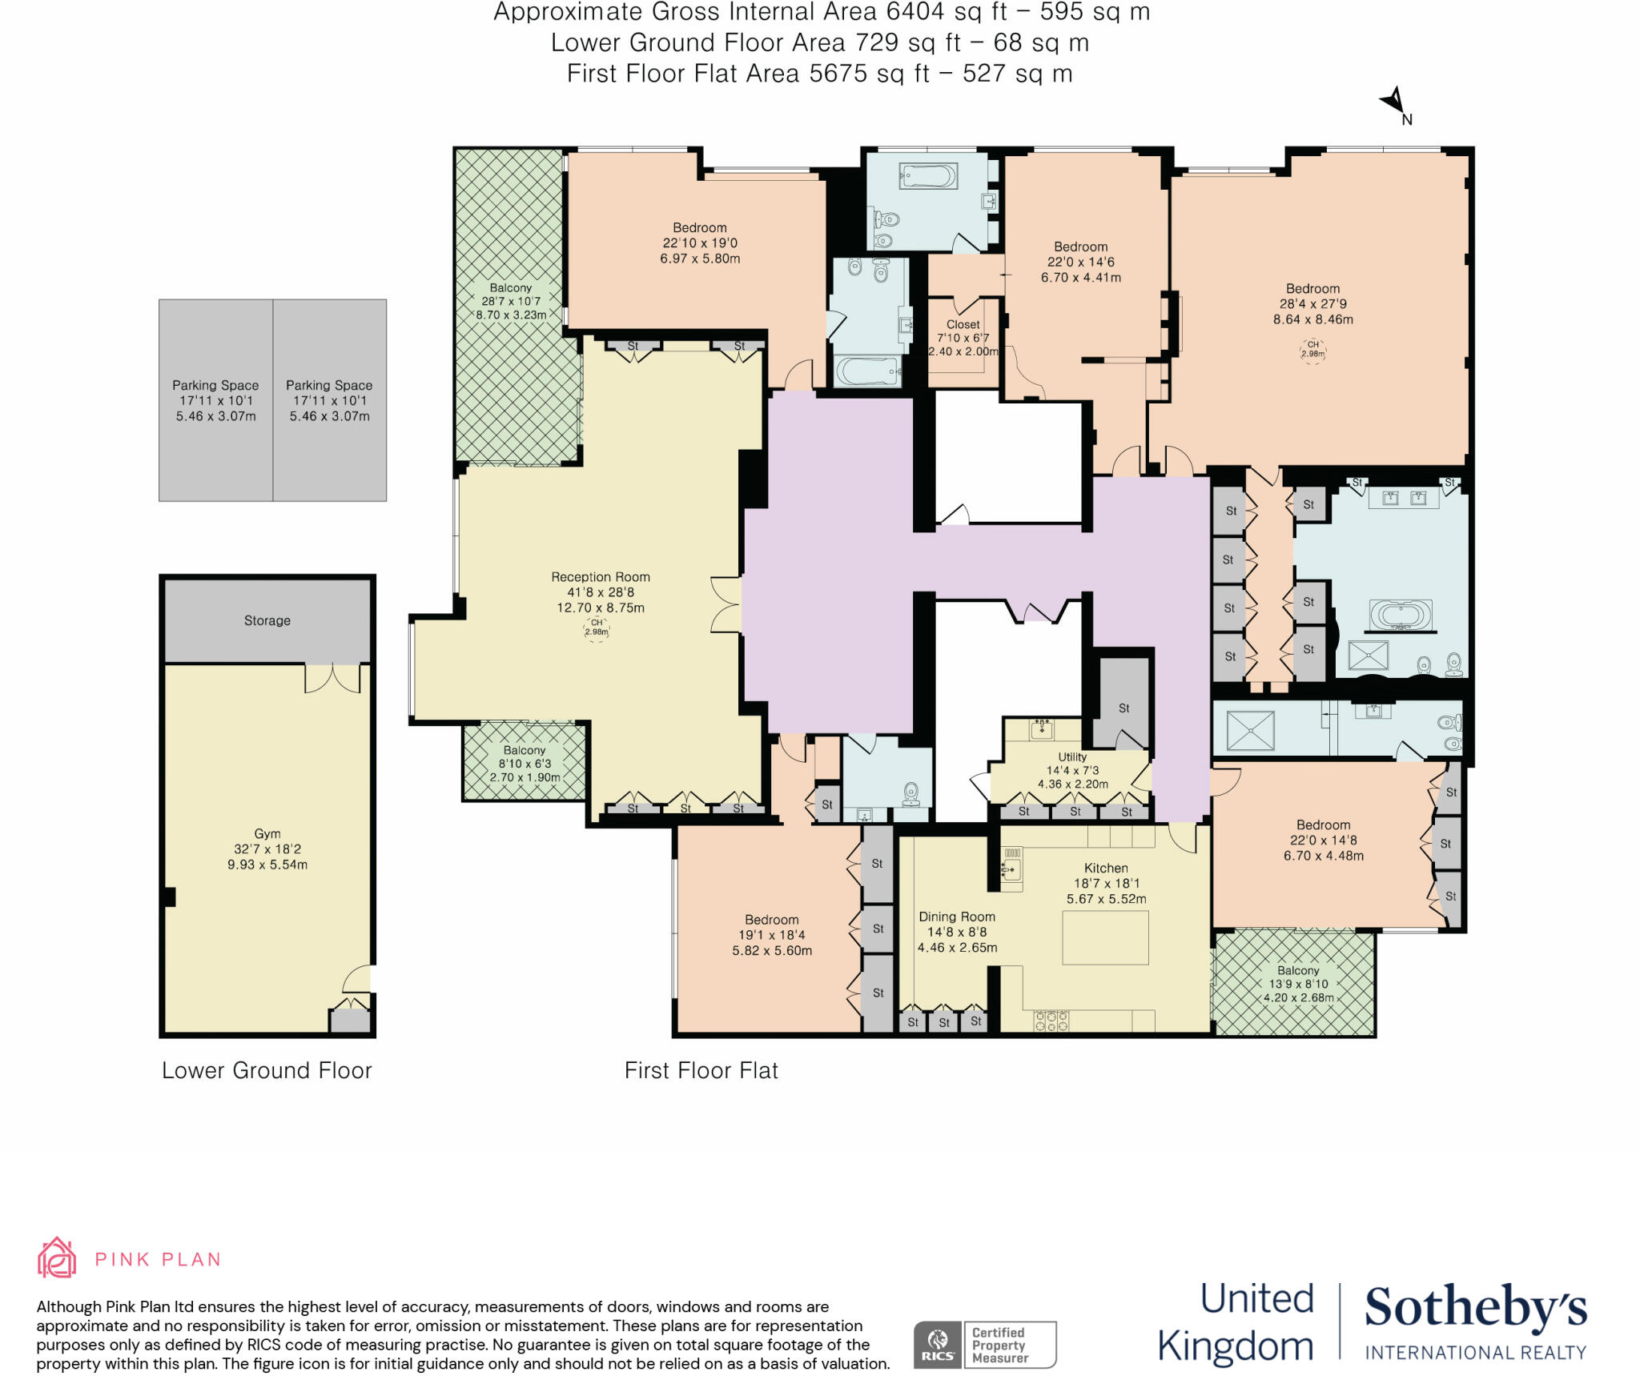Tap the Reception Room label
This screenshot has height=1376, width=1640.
pyautogui.click(x=600, y=577)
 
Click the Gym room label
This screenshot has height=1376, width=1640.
pyautogui.click(x=267, y=834)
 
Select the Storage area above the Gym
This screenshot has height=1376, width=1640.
pyautogui.click(x=267, y=620)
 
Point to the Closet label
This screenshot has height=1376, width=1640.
pyautogui.click(x=963, y=324)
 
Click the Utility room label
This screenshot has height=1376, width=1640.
pyautogui.click(x=1072, y=756)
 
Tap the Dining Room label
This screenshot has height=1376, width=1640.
pyautogui.click(x=957, y=917)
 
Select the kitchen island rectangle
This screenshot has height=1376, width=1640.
pyautogui.click(x=1105, y=937)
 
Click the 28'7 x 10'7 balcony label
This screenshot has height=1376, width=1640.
pyautogui.click(x=510, y=302)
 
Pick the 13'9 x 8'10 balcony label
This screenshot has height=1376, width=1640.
pyautogui.click(x=1298, y=984)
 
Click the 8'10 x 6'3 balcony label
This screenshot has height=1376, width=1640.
pyautogui.click(x=525, y=764)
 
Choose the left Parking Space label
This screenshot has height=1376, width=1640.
pyautogui.click(x=215, y=385)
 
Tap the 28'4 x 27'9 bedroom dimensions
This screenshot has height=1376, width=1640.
pyautogui.click(x=1312, y=304)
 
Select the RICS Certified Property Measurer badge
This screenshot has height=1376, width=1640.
pyautogui.click(x=984, y=1345)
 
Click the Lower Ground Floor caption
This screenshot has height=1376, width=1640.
pyautogui.click(x=267, y=1070)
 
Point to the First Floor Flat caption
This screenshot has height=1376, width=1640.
pyautogui.click(x=701, y=1070)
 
